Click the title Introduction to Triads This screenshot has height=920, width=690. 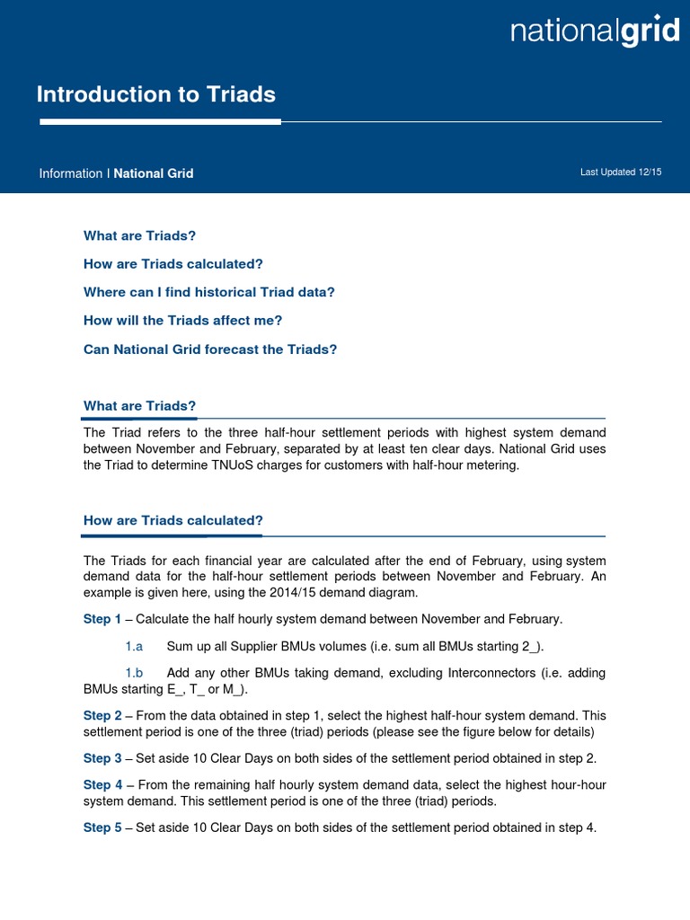(155, 94)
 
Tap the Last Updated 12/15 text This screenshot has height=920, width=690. (620, 172)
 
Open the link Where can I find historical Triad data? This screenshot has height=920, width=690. (208, 292)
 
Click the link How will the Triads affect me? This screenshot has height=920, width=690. (195, 320)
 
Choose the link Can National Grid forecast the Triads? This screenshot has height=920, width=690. (210, 349)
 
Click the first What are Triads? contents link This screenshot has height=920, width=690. (139, 235)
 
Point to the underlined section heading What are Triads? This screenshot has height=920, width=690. (139, 406)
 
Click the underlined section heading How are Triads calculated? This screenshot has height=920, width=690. (172, 520)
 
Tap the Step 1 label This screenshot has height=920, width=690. (102, 619)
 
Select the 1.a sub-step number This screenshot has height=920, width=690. (135, 646)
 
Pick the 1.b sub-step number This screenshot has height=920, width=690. (135, 673)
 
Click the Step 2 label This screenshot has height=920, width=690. (102, 716)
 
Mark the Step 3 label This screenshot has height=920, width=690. (102, 758)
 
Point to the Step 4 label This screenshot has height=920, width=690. (102, 785)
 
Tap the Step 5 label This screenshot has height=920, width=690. (102, 827)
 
